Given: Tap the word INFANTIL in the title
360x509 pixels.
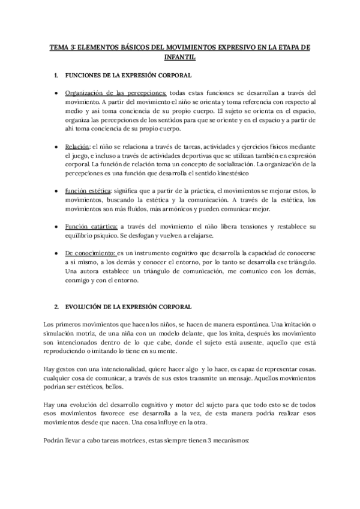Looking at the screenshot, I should click(179, 57).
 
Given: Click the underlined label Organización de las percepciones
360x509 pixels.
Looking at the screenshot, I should click(116, 93).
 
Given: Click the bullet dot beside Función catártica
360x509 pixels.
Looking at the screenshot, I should click(56, 226).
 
